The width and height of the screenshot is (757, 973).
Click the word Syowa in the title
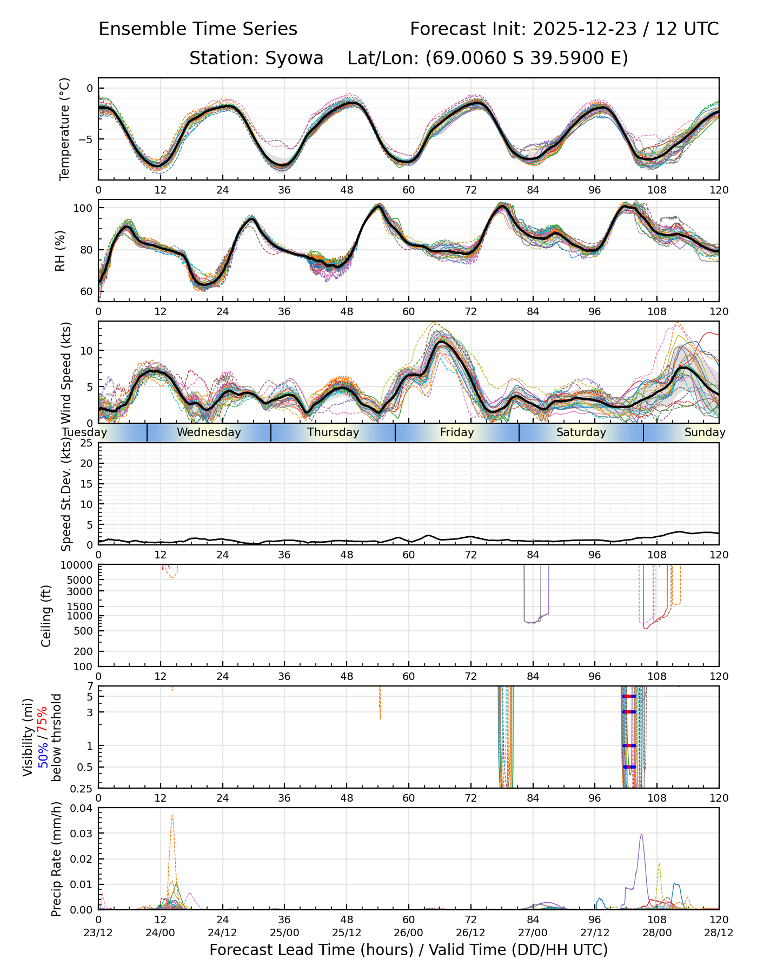pyautogui.click(x=294, y=58)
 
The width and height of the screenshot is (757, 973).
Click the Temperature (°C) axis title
pyautogui.click(x=65, y=129)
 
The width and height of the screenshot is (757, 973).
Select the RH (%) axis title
pyautogui.click(x=60, y=250)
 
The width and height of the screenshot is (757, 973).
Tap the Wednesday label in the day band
pyautogui.click(x=209, y=432)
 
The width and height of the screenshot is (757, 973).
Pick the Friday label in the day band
pyautogui.click(x=457, y=432)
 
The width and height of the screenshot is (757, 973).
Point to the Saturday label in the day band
pyautogui.click(x=581, y=432)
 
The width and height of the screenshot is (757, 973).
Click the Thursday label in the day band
pyautogui.click(x=333, y=432)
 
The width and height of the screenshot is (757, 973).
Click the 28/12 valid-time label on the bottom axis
pyautogui.click(x=719, y=932)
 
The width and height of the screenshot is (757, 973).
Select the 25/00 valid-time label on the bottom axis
pyautogui.click(x=284, y=932)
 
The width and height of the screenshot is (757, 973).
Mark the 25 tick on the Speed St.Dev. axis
pyautogui.click(x=87, y=443)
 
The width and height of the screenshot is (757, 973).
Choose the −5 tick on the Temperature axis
pyautogui.click(x=85, y=139)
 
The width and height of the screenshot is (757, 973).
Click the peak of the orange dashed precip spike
pyautogui.click(x=172, y=816)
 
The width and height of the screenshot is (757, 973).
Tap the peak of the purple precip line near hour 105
pyautogui.click(x=641, y=834)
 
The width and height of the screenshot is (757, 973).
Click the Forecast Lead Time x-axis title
pyautogui.click(x=408, y=950)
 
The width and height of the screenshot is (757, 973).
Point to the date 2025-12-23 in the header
pyautogui.click(x=585, y=29)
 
